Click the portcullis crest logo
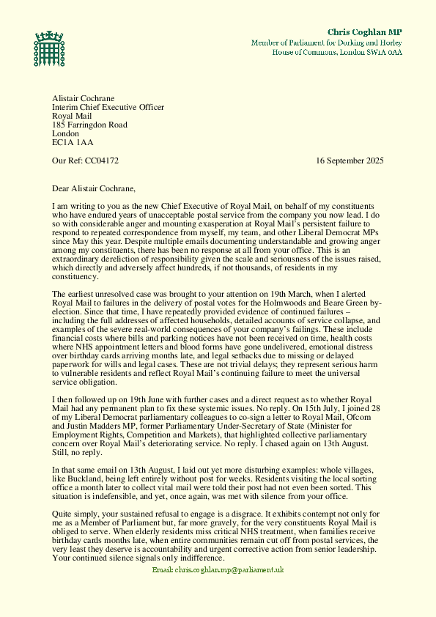coord(49,48)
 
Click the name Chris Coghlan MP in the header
coord(364,32)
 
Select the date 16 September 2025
coord(350,160)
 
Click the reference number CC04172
coord(102,160)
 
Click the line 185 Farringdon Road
coord(89,125)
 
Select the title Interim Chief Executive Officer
coord(108,107)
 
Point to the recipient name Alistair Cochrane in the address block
coord(84,98)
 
